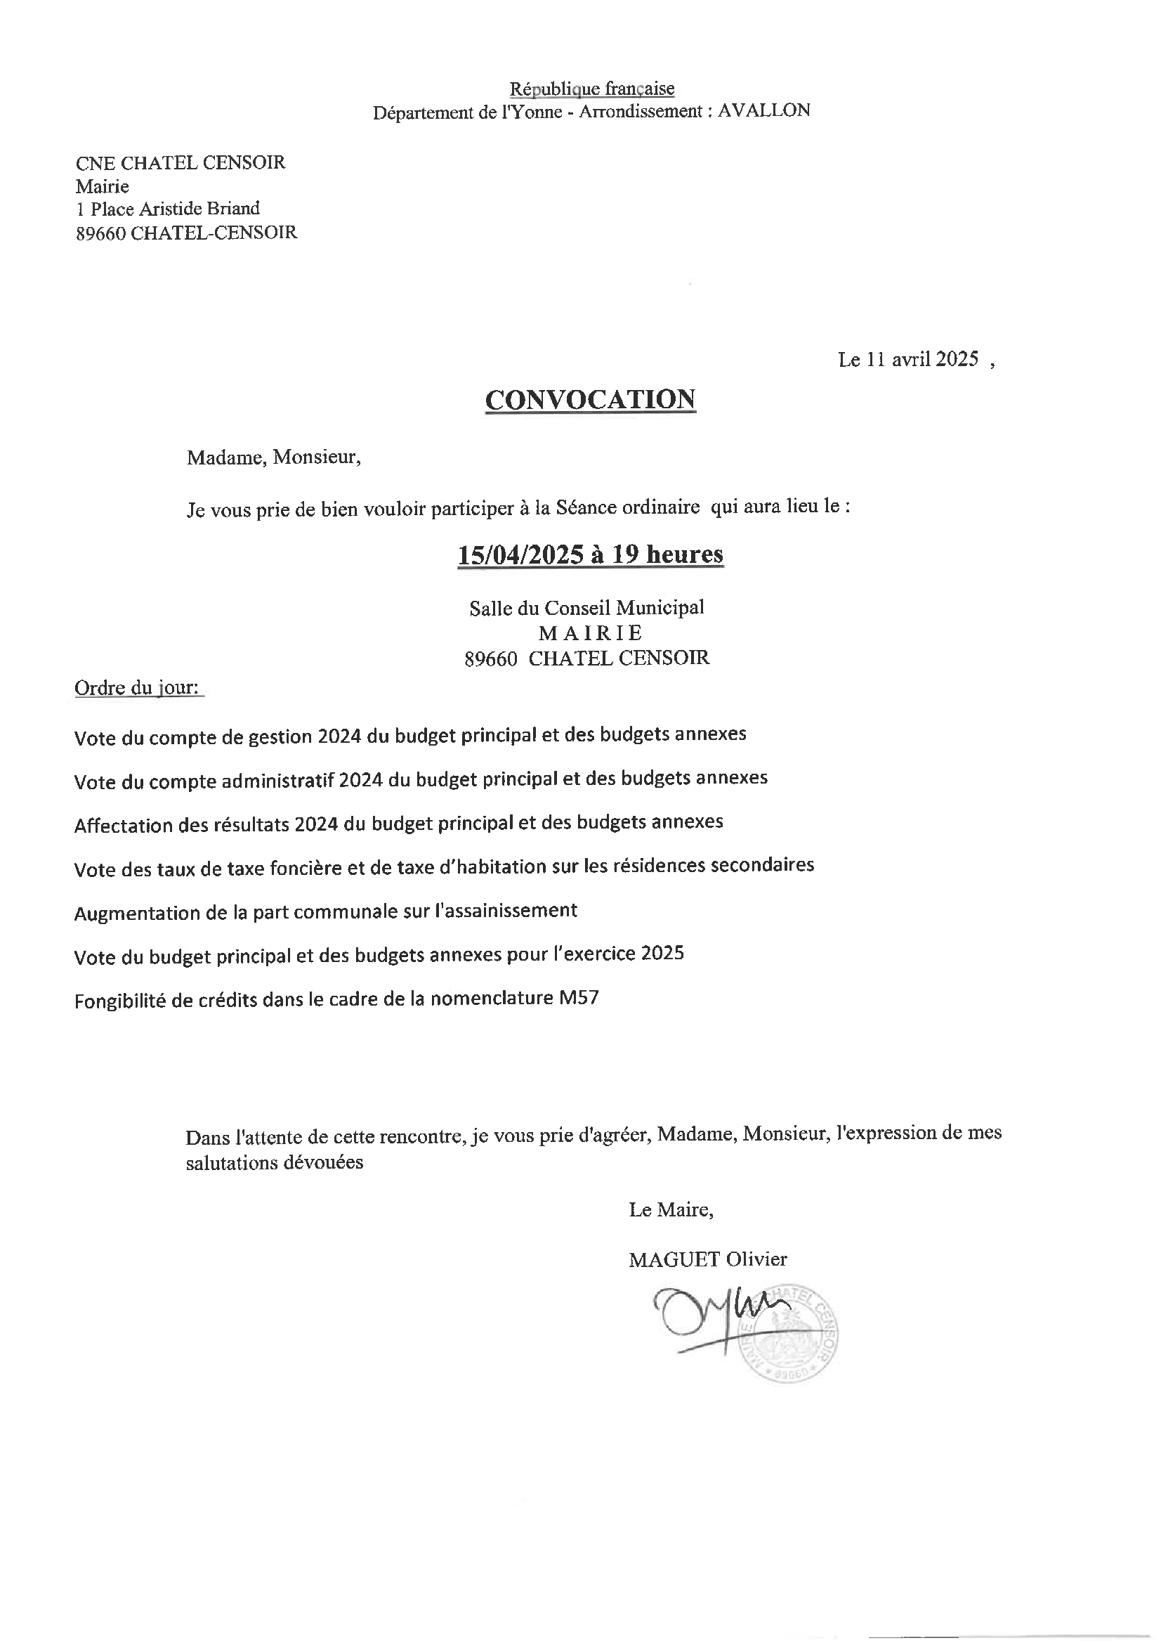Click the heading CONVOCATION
590,399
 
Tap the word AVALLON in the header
763,110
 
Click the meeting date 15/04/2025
519,554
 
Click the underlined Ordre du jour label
137,688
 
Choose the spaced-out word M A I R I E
590,632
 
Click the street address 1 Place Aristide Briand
168,208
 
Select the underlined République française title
591,89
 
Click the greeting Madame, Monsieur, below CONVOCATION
274,457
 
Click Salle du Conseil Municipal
586,608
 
